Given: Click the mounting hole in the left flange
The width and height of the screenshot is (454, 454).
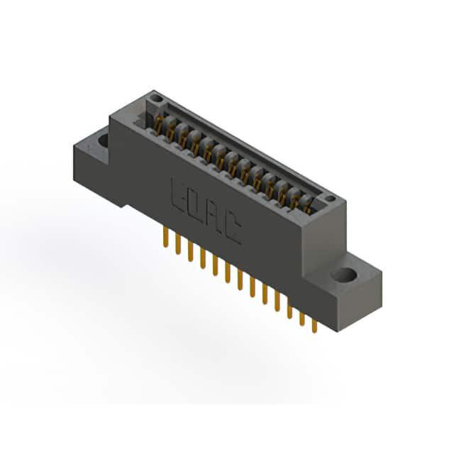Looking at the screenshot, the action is pos(104,140).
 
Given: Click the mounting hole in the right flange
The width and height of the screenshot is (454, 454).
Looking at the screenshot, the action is pos(343,275).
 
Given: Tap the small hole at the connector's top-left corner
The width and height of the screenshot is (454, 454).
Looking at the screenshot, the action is pos(157,99).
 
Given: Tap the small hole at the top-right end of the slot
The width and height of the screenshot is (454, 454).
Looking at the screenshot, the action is pos(330,199).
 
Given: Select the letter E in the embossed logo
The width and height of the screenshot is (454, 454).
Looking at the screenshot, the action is pos(177,194).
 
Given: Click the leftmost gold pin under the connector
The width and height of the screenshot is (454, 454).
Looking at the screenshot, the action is pos(165,237).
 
